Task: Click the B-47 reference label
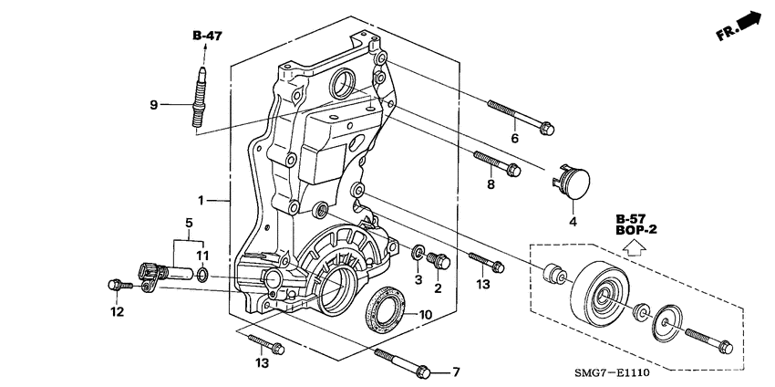tap(207, 36)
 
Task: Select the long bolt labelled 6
tap(521, 117)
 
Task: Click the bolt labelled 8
tap(497, 163)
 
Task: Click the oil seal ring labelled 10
tap(385, 309)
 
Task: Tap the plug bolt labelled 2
tap(438, 260)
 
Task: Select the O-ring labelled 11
tap(202, 275)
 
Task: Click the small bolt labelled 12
tap(120, 285)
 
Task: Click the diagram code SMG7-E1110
tap(612, 372)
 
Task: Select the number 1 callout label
tap(201, 201)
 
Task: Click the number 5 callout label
tap(189, 224)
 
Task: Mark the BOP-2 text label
tap(636, 230)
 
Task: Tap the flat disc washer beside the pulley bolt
tap(667, 323)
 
